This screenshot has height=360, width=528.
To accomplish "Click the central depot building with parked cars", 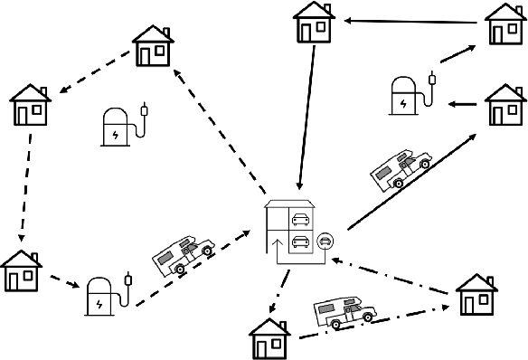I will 291,231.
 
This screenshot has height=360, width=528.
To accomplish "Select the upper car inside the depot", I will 301,218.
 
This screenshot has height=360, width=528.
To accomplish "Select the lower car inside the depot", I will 301,242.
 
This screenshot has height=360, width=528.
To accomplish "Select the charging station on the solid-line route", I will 408,94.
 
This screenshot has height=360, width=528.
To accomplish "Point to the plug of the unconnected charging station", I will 146,112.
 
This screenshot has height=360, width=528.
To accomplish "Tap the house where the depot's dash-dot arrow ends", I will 269,337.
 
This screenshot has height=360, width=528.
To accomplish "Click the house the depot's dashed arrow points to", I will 153,45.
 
